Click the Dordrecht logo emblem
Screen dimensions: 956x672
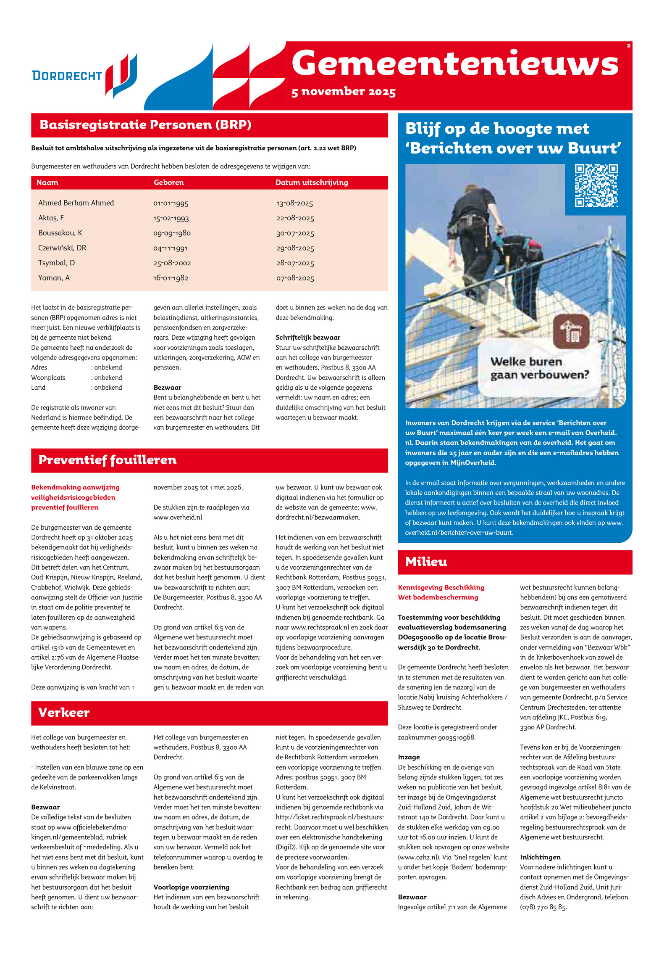point(121,76)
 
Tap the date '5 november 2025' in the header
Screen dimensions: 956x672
point(343,92)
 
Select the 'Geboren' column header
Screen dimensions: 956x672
point(168,182)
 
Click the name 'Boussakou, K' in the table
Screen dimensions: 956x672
point(60,233)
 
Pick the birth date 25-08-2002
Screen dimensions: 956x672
point(172,263)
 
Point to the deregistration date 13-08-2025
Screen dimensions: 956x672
point(294,203)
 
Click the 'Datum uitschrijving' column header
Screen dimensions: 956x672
point(311,182)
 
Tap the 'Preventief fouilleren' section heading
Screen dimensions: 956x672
point(108,460)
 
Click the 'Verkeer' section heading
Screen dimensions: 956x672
point(64,713)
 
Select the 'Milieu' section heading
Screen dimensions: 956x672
point(426,562)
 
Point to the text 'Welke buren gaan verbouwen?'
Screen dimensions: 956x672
point(539,368)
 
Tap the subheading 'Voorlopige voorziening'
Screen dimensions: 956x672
point(191,887)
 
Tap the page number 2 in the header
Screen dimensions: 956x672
point(628,46)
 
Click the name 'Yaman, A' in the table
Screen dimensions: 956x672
point(54,278)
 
